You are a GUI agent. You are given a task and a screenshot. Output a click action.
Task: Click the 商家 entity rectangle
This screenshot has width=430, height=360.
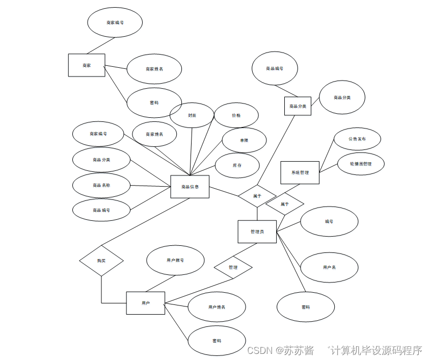coord(87,65)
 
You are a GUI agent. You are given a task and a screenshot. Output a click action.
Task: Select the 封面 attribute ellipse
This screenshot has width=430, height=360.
coord(192,115)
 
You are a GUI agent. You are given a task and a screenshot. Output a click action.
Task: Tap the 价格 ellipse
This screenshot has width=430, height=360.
coord(236,115)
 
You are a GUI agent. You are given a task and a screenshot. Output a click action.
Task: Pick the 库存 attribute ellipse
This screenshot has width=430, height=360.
coord(237,166)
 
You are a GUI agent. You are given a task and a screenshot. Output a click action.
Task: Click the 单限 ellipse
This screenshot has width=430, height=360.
coord(244,140)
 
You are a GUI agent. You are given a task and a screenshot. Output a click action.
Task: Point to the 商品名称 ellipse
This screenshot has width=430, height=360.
coord(101,185)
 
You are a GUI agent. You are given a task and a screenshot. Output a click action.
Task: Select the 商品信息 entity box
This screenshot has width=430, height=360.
coord(190,187)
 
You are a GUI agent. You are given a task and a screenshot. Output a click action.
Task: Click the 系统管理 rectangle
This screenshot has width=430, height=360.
coord(300,172)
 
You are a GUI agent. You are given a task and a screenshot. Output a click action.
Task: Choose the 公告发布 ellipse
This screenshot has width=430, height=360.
coord(357,139)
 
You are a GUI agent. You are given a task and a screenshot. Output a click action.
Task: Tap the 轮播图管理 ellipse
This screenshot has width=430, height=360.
coord(361,164)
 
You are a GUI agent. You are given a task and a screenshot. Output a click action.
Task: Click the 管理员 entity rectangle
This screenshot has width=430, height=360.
coord(257,232)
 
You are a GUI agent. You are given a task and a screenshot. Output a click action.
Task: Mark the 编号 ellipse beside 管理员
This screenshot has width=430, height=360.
coord(329,222)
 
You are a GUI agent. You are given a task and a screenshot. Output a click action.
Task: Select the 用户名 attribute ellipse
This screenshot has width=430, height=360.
coord(329,267)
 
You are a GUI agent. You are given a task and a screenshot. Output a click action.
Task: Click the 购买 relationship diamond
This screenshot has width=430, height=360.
coord(101,261)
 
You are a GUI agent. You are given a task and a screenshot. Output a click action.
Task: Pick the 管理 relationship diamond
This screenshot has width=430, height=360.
coord(233,267)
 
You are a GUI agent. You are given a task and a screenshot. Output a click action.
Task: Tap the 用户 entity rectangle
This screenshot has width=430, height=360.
coord(146,303)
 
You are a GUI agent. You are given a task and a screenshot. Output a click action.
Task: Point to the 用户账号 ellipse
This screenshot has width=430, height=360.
coord(175,260)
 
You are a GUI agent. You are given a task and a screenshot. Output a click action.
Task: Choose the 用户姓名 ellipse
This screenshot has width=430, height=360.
coord(217,307)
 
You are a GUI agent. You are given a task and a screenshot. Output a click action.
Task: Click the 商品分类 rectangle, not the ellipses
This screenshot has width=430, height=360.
coord(298,106)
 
